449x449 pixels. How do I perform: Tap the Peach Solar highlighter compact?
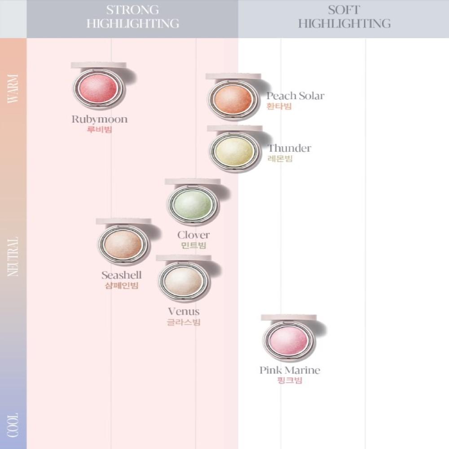tap(233, 99)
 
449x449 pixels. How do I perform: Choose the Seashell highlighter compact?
tap(123, 244)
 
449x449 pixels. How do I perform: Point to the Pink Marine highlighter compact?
tap(287, 340)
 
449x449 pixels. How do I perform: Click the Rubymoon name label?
tap(99, 119)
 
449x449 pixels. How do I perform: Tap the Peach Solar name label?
tap(295, 96)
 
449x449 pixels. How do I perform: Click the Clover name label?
tap(193, 235)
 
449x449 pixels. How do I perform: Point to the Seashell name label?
tap(121, 275)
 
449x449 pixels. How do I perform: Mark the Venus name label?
tap(183, 312)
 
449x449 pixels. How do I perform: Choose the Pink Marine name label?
tap(290, 370)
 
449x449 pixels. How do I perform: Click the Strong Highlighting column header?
tap(132, 17)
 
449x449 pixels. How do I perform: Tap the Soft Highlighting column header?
tap(344, 17)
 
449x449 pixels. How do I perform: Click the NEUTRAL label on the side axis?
tap(13, 256)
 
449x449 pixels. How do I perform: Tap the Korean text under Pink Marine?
tap(290, 381)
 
